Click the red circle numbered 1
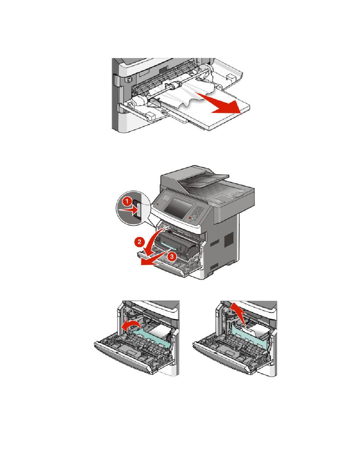tap(127, 202)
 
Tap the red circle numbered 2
tap(139, 242)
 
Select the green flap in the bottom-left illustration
tap(151, 339)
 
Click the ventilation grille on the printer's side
tap(229, 239)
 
